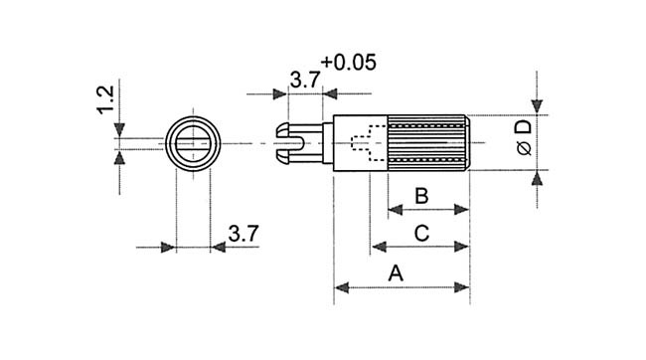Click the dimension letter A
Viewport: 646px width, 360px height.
396,273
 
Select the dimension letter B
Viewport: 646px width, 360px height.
421,196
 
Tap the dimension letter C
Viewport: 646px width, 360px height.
421,234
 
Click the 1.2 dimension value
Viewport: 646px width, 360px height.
105,99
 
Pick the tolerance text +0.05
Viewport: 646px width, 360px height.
349,63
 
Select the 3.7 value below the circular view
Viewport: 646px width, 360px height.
243,234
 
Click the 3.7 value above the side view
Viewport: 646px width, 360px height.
305,80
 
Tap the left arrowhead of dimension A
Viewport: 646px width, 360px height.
342,287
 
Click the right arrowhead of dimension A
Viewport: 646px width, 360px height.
462,287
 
